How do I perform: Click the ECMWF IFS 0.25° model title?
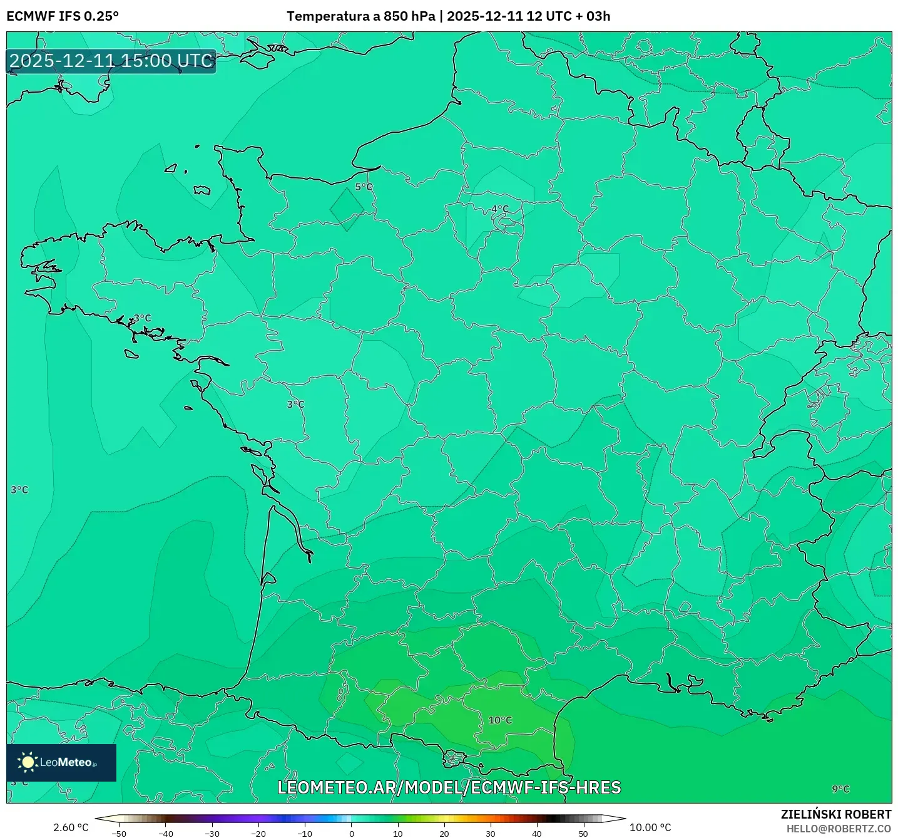pyautogui.click(x=63, y=16)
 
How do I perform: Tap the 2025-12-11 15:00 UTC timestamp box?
pyautogui.click(x=111, y=61)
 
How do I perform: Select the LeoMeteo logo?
pyautogui.click(x=61, y=762)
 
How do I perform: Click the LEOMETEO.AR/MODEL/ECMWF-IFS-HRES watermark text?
pyautogui.click(x=449, y=787)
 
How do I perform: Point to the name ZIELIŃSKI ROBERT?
pyautogui.click(x=836, y=814)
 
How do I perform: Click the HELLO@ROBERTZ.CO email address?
pyautogui.click(x=839, y=829)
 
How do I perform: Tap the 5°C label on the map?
pyautogui.click(x=364, y=187)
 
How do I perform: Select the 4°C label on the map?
pyautogui.click(x=499, y=209)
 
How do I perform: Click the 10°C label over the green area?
pyautogui.click(x=500, y=720)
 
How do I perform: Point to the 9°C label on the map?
pyautogui.click(x=840, y=789)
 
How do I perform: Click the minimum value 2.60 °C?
pyautogui.click(x=71, y=827)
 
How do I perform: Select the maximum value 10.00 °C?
pyautogui.click(x=650, y=827)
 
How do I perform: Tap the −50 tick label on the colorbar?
pyautogui.click(x=118, y=834)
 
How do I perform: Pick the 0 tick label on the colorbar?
pyautogui.click(x=352, y=834)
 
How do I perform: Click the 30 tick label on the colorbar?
pyautogui.click(x=491, y=834)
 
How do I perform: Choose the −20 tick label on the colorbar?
pyautogui.click(x=258, y=834)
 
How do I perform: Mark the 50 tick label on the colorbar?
pyautogui.click(x=583, y=834)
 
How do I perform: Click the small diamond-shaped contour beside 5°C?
pyautogui.click(x=347, y=209)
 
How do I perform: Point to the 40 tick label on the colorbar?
pyautogui.click(x=537, y=834)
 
